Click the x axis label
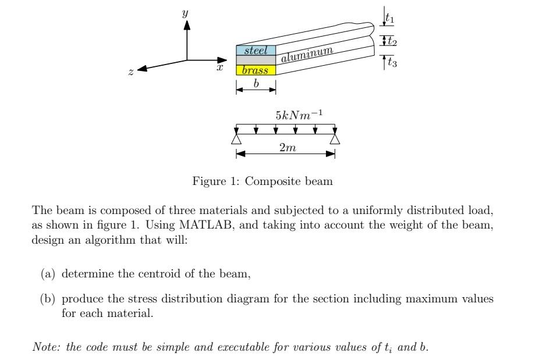coord(220,68)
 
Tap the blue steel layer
coord(255,51)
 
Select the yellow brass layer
coord(255,70)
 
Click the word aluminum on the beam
coord(307,55)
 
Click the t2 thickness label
coord(392,41)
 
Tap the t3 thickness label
coord(392,63)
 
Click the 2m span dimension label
coord(287,148)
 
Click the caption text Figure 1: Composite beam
coord(262,181)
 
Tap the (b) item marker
coord(47,300)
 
